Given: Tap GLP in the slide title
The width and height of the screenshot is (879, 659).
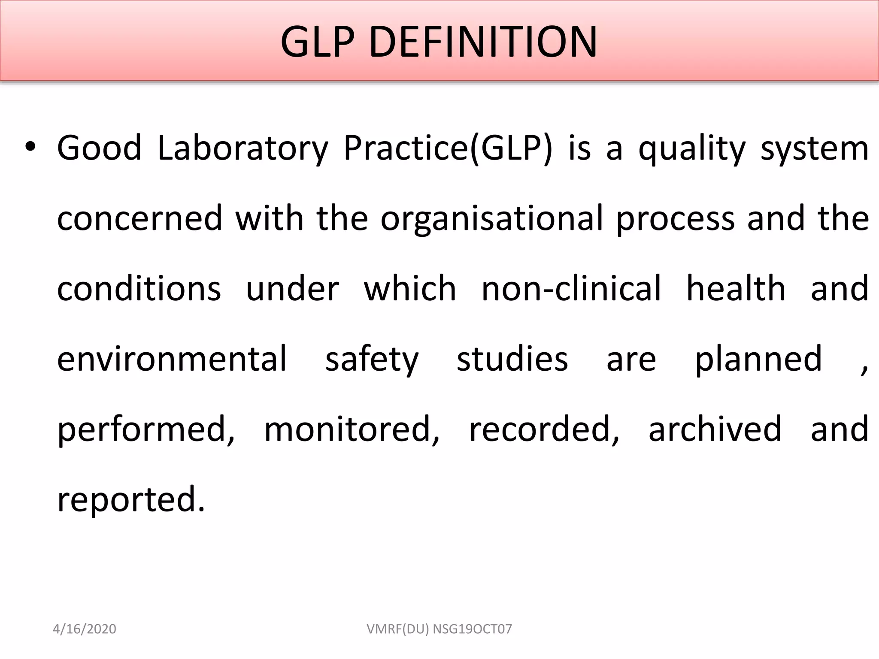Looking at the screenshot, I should point(318,42).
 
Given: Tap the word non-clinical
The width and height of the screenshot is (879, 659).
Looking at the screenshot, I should point(571,288).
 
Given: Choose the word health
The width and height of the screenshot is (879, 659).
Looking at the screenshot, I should point(736,288).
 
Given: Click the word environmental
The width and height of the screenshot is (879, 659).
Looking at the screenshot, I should point(172,359).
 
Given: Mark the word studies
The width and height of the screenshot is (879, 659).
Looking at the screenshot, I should point(512,359).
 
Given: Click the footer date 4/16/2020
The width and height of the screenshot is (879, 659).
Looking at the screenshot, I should point(85,629).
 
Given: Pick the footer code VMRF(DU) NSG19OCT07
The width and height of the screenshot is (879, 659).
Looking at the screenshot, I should point(439,629).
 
